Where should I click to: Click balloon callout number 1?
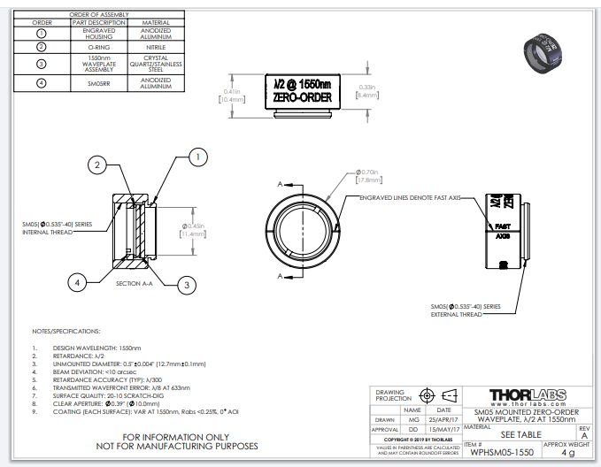[x=198, y=157]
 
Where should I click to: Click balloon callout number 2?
[x=99, y=165]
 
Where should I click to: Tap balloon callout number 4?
[x=78, y=282]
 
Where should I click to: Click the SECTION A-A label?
[x=135, y=283]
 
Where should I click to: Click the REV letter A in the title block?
[x=582, y=434]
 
